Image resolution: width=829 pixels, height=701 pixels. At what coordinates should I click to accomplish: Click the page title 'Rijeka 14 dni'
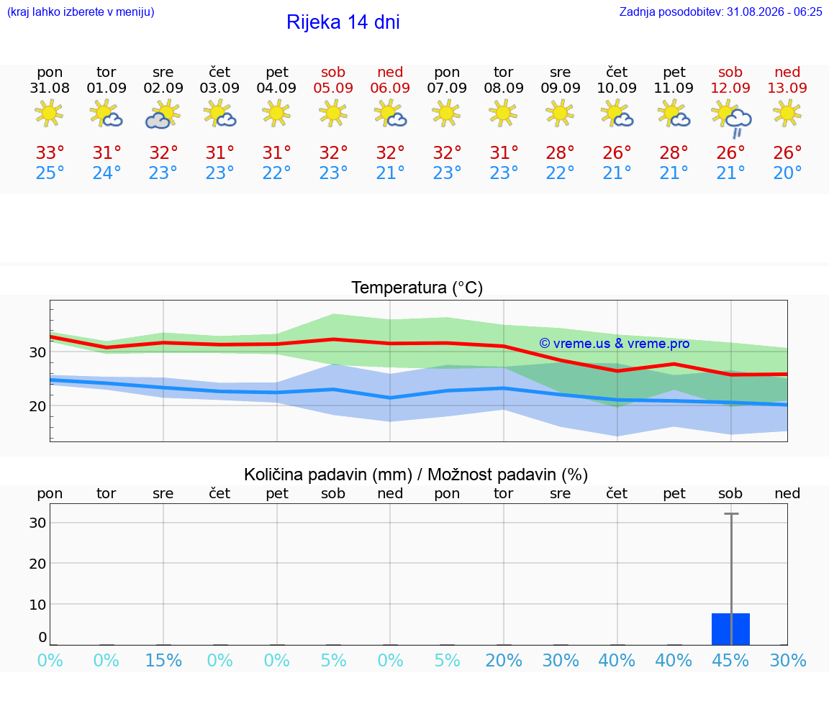(x=343, y=22)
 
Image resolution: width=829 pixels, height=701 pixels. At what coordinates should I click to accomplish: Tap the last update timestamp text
(x=720, y=12)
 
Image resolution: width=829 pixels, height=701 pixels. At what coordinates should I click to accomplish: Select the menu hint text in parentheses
(x=81, y=12)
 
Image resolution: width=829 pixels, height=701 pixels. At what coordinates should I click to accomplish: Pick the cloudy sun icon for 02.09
(x=163, y=114)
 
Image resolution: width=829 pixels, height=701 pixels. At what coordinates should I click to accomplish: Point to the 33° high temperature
(x=50, y=152)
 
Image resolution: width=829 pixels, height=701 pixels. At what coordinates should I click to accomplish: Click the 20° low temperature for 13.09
(x=787, y=173)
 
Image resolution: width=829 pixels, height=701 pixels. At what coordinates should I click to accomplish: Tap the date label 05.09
(x=333, y=88)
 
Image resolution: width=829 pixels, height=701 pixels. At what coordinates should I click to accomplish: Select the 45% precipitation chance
(x=730, y=660)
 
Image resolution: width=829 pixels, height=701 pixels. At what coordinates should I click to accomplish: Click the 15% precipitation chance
(x=163, y=660)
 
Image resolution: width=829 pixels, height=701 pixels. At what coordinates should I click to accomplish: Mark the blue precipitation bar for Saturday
(x=730, y=629)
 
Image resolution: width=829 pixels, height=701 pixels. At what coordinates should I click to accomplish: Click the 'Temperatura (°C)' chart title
(x=417, y=288)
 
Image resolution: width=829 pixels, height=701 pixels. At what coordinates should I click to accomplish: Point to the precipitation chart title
(x=415, y=475)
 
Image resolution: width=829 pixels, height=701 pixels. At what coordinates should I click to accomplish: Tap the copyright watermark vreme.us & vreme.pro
(x=615, y=344)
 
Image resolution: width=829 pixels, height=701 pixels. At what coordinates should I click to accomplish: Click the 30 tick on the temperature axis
(x=37, y=352)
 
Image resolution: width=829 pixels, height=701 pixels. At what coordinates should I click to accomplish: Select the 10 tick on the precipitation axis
(x=37, y=605)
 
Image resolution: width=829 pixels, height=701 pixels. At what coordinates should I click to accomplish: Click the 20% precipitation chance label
(x=504, y=660)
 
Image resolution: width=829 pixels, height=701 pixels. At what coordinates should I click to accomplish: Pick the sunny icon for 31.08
(x=49, y=113)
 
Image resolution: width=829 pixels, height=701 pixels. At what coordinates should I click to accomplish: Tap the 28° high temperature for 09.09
(x=561, y=152)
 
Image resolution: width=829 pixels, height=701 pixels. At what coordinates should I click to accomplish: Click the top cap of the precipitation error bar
(x=731, y=513)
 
